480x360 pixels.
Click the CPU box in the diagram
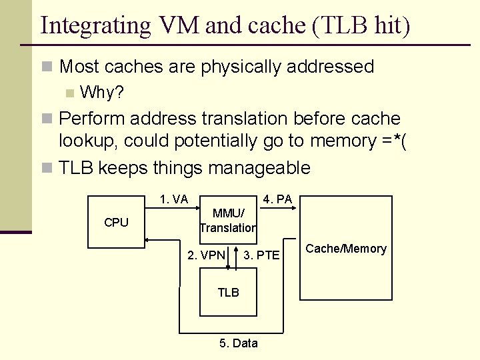click(x=117, y=223)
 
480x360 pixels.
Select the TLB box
click(x=228, y=292)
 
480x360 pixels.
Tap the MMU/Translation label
click(x=228, y=221)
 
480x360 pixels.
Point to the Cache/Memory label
click(x=345, y=249)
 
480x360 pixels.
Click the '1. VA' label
click(x=173, y=199)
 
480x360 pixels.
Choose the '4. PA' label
click(x=277, y=199)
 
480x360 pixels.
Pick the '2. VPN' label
click(x=206, y=255)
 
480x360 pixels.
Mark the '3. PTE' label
click(x=261, y=255)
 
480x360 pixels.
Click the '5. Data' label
click(x=238, y=343)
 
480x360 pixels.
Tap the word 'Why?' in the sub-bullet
click(x=101, y=92)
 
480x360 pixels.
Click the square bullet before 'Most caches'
click(x=47, y=67)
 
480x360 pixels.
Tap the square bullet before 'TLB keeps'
click(x=47, y=168)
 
